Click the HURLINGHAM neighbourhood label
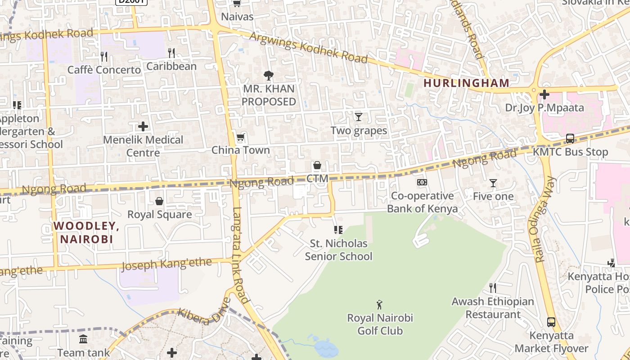click(x=466, y=83)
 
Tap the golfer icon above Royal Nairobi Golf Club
click(x=379, y=305)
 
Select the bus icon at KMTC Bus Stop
click(x=570, y=139)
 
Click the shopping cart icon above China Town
click(x=240, y=137)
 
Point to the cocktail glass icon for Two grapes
click(x=358, y=117)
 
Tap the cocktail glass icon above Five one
click(x=493, y=183)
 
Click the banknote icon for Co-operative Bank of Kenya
click(x=422, y=182)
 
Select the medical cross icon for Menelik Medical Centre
click(x=143, y=126)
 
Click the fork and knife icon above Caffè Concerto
click(x=104, y=56)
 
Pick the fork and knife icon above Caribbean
click(x=171, y=53)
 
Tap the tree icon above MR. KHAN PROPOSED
click(x=268, y=75)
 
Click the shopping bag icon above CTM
click(x=317, y=166)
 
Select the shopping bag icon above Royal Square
click(x=159, y=201)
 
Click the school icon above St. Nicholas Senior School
click(x=338, y=230)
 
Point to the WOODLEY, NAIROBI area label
click(x=86, y=232)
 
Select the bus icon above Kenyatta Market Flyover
click(x=551, y=322)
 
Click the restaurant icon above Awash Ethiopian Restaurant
click(x=493, y=288)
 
